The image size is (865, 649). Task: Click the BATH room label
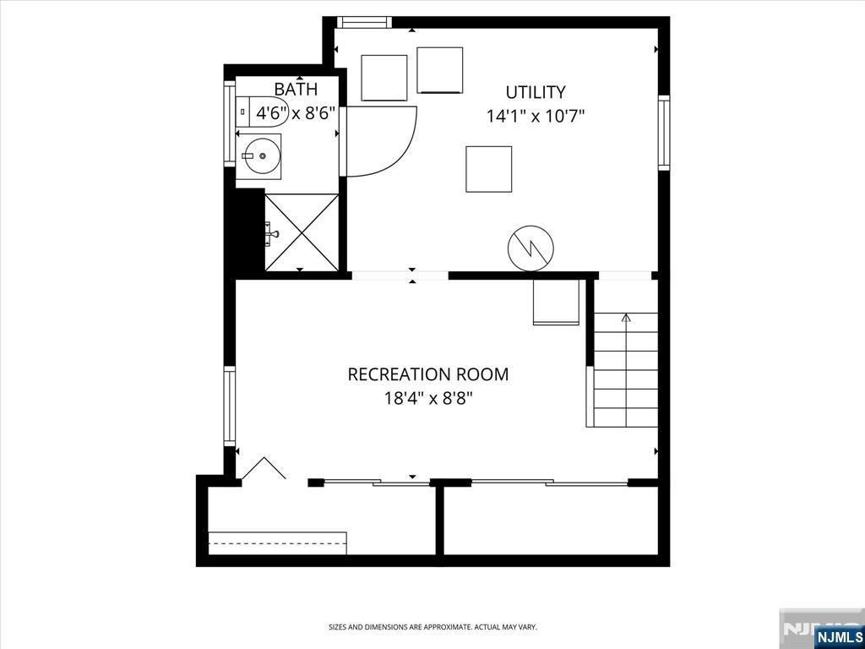(296, 89)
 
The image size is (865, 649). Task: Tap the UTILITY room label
(536, 92)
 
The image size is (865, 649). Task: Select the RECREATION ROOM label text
(428, 374)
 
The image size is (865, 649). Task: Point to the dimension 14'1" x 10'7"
(536, 117)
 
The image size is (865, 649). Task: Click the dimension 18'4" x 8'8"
(428, 398)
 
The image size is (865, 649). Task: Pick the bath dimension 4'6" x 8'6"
(296, 112)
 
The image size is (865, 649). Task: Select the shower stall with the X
(302, 232)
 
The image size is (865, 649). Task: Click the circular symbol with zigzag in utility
(530, 248)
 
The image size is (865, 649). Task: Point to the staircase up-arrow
(626, 319)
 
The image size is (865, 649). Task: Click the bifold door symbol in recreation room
(264, 469)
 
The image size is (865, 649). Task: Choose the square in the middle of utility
(488, 169)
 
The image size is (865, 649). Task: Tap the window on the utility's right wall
(664, 133)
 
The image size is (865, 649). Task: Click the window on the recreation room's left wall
(229, 406)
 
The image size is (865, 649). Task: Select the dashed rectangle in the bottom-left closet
(277, 543)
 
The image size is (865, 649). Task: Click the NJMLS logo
(839, 635)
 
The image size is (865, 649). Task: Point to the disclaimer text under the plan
(432, 627)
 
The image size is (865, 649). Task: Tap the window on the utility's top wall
(364, 23)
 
